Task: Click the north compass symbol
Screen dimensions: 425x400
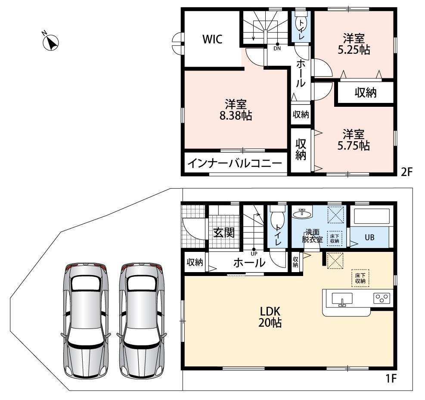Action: click(x=51, y=43)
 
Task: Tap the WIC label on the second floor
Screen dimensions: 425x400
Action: click(x=213, y=39)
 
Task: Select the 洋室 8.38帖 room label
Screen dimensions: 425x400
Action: click(x=236, y=110)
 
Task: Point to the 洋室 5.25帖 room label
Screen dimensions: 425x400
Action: click(x=354, y=44)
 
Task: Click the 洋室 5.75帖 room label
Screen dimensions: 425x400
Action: click(x=354, y=140)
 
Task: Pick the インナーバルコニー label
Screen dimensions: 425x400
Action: click(x=235, y=164)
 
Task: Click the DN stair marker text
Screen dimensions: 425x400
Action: click(x=277, y=49)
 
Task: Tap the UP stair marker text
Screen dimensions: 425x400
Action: click(x=254, y=254)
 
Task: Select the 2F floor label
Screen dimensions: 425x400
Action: click(x=406, y=171)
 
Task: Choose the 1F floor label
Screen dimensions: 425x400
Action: click(x=391, y=378)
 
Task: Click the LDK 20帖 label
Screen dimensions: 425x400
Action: click(x=270, y=317)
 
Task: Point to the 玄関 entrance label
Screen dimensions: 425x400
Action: click(x=223, y=233)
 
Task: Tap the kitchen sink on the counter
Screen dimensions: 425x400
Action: click(x=342, y=299)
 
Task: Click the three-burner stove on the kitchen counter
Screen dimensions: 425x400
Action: click(x=382, y=298)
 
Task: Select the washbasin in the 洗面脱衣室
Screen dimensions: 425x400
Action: click(x=302, y=213)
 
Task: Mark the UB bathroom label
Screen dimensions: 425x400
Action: click(x=369, y=237)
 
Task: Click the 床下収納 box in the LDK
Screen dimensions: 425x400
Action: click(x=360, y=278)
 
